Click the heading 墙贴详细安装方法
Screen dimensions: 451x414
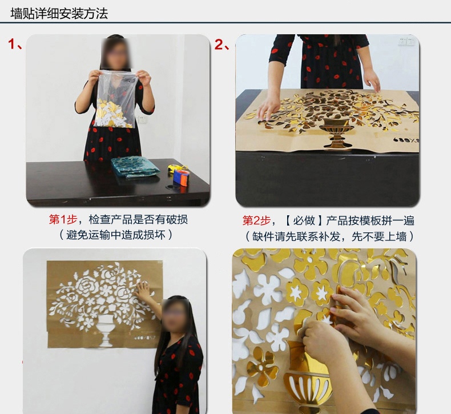click(59, 14)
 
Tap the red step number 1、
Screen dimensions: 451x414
click(15, 44)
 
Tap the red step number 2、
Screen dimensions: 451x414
click(222, 45)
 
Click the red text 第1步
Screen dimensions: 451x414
click(63, 219)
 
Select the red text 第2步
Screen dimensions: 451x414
click(256, 220)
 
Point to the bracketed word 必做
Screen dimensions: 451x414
click(304, 220)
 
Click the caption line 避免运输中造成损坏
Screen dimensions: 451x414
click(116, 235)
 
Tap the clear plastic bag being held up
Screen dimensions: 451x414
click(115, 99)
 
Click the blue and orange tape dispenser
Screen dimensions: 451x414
click(180, 178)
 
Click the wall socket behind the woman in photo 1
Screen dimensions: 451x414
click(142, 119)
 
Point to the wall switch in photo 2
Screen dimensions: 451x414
click(406, 41)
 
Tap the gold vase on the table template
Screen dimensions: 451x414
click(336, 132)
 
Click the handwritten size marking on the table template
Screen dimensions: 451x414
click(406, 140)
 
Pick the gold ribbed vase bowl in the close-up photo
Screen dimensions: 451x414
click(307, 387)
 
